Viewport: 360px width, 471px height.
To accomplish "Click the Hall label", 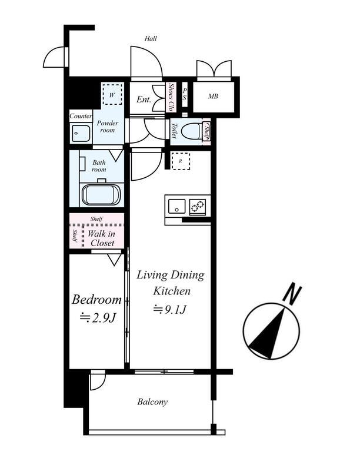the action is pyautogui.click(x=151, y=38).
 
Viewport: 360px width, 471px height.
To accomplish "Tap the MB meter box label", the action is pyautogui.click(x=213, y=97).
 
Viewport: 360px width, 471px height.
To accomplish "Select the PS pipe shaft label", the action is pyautogui.click(x=185, y=94).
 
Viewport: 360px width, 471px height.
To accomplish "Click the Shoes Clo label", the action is pyautogui.click(x=171, y=97).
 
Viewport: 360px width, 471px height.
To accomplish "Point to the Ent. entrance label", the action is pyautogui.click(x=144, y=99).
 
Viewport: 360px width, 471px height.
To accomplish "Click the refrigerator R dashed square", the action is pyautogui.click(x=181, y=161).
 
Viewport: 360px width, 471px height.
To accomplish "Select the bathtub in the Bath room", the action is pyautogui.click(x=101, y=195).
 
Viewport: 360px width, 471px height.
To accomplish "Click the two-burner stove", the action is pyautogui.click(x=198, y=206).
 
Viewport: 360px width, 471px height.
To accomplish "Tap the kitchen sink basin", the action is pyautogui.click(x=176, y=206).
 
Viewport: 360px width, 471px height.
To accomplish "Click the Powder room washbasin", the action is pyautogui.click(x=81, y=133).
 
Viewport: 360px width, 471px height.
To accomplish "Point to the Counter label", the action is pyautogui.click(x=81, y=116).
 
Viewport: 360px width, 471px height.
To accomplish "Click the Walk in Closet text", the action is pyautogui.click(x=101, y=238).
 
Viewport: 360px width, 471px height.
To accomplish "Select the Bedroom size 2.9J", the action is pyautogui.click(x=98, y=318).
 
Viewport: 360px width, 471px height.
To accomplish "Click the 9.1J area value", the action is pyautogui.click(x=170, y=310).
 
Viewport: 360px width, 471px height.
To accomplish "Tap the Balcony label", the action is pyautogui.click(x=152, y=402).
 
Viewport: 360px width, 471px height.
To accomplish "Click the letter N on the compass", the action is pyautogui.click(x=292, y=293).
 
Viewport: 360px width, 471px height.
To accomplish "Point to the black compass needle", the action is pyautogui.click(x=268, y=333).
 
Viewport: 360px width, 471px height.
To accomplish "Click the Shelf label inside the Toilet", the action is pyautogui.click(x=206, y=131).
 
